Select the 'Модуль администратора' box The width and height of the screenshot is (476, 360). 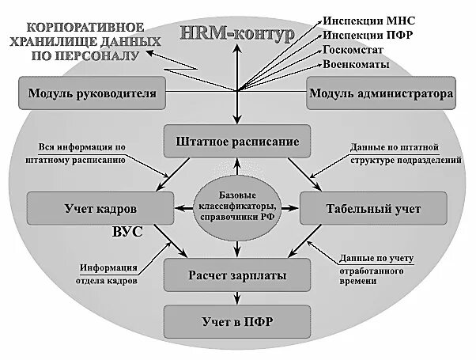[380, 94]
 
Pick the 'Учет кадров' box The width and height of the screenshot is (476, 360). [100, 208]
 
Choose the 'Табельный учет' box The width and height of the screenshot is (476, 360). [372, 208]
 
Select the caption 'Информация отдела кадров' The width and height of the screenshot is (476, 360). [107, 274]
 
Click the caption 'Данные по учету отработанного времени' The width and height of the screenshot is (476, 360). [377, 270]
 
